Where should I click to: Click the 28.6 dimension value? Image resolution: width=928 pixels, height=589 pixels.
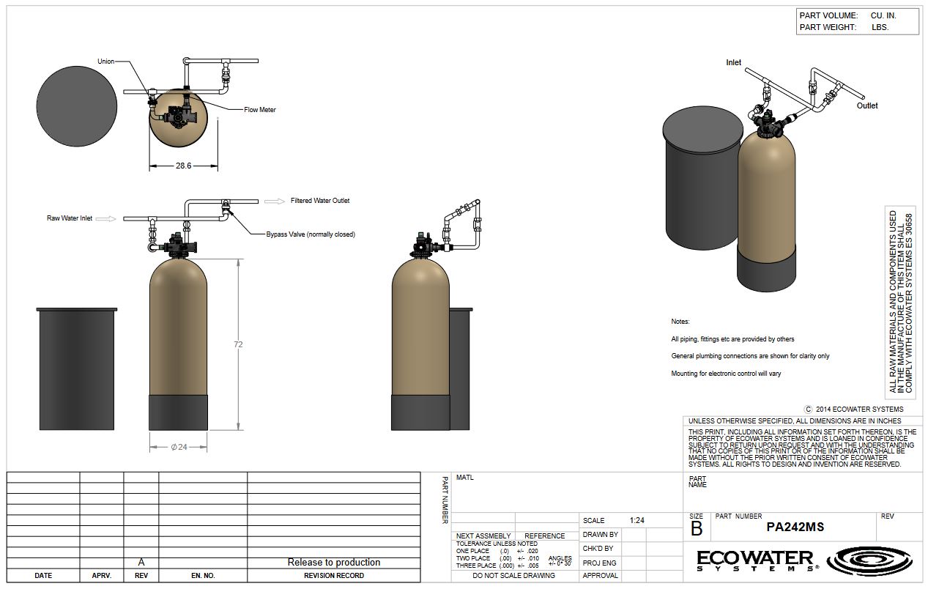click(183, 166)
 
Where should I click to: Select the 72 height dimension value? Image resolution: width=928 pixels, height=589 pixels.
click(238, 344)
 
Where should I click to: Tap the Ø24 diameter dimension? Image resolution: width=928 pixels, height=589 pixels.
click(179, 447)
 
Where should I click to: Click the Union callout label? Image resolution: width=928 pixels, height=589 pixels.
click(105, 62)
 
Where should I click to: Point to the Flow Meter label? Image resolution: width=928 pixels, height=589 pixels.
click(260, 110)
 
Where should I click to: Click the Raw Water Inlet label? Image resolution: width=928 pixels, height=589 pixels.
click(70, 218)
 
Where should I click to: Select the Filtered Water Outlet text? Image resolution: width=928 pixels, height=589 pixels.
click(320, 201)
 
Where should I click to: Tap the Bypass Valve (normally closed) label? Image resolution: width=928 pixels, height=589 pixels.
click(311, 234)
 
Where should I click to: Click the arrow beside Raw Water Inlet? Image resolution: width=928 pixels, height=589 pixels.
click(106, 219)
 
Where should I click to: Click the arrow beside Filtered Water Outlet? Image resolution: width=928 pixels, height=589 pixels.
click(275, 201)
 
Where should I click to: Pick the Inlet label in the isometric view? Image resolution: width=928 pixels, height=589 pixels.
click(733, 62)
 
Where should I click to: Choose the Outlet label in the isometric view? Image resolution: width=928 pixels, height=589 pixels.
click(867, 105)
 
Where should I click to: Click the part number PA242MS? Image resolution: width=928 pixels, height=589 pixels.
click(795, 527)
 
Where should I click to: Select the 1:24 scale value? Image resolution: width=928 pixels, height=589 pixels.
click(636, 521)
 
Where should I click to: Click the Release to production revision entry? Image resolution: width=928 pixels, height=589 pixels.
click(333, 563)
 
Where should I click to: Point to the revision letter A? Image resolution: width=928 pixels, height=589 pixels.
click(141, 563)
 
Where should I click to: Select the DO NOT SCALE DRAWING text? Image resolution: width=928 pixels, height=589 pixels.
click(513, 576)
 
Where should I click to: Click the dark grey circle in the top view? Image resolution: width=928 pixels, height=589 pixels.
click(77, 106)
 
